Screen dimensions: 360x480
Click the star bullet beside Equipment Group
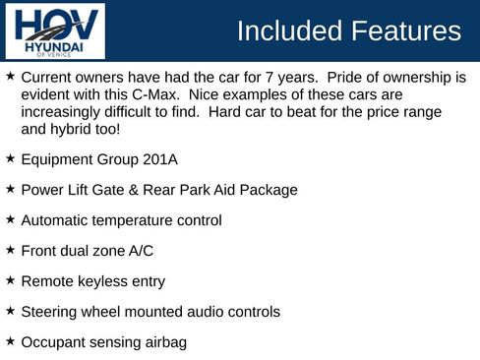click(10, 158)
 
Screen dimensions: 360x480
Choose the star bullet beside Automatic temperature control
click(10, 219)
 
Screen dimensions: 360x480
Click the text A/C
click(147, 251)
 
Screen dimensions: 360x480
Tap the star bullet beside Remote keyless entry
click(10, 280)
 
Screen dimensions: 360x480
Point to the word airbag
click(163, 342)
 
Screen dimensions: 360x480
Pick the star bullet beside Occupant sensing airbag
click(10, 341)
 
